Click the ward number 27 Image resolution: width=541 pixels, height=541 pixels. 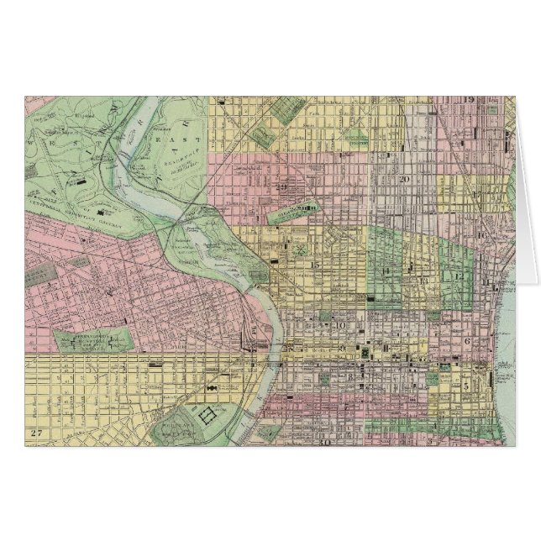34,432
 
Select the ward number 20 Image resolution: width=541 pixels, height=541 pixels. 403,179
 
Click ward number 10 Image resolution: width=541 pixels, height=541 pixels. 340,325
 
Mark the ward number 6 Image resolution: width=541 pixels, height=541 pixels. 465,341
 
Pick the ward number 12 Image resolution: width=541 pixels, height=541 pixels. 459,276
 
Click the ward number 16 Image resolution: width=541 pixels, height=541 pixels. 482,236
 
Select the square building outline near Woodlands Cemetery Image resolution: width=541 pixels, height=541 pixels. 206,414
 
